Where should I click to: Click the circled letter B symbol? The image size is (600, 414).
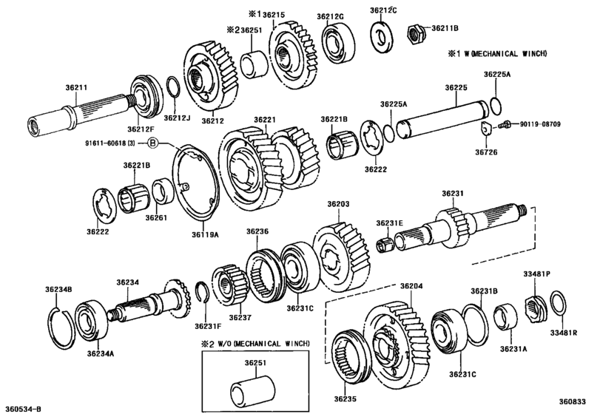coord(152,141)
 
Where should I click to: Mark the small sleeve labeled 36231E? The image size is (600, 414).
coord(385,242)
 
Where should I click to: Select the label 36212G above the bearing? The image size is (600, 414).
coord(331,16)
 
